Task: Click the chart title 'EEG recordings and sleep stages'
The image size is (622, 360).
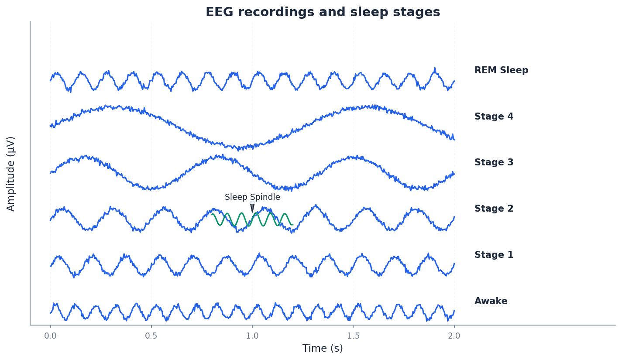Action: pos(323,12)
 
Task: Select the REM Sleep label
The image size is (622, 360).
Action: pos(501,70)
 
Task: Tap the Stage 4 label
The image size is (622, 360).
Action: pos(494,117)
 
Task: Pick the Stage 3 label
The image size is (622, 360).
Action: pos(494,163)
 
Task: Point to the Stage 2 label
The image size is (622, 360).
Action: pos(494,209)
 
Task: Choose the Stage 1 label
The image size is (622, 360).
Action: pos(494,255)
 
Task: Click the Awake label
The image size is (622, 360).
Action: pos(491,301)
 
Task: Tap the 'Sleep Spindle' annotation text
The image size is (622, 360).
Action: pos(252,197)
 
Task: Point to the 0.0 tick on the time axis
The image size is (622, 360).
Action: pos(50,336)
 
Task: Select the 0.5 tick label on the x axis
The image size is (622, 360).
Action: pos(151,336)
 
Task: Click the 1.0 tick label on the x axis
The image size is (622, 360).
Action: pos(252,336)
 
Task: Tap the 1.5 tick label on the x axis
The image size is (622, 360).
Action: pos(353,336)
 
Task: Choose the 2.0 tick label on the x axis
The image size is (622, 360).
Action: pos(454,336)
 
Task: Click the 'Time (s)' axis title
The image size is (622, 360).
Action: pos(323,348)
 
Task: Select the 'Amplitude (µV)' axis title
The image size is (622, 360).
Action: pos(11,173)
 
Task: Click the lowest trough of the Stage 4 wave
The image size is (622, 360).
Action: pos(238,149)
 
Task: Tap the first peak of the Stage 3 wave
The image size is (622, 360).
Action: pos(86,156)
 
